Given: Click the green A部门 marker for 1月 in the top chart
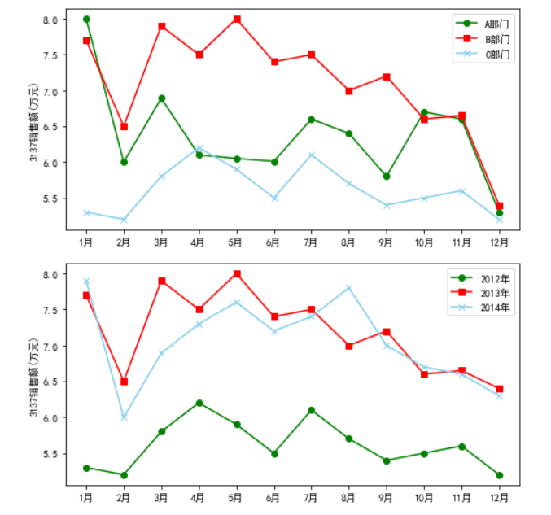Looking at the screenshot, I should pos(86,19).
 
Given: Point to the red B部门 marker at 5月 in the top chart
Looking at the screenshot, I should pos(237,19).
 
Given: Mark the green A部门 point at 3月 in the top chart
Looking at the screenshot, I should pos(162,98).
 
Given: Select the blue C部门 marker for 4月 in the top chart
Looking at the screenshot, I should pos(199,148).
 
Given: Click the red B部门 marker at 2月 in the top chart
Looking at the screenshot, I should pos(124,126).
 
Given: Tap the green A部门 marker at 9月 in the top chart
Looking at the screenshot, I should pos(387,176).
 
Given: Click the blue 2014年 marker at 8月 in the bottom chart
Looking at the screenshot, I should pos(349,288).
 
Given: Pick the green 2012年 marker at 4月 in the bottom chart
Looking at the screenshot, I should pos(199,403).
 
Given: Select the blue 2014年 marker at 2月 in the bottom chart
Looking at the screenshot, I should pos(124,417).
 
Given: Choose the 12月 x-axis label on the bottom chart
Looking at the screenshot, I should pos(499,497).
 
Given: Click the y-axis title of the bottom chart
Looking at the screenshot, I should pos(33,378).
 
